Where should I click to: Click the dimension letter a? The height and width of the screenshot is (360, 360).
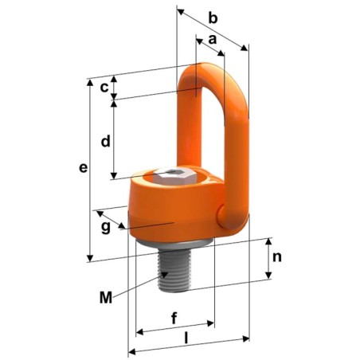pyautogui.click(x=213, y=39)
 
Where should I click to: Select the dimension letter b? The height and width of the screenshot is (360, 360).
pyautogui.click(x=211, y=17)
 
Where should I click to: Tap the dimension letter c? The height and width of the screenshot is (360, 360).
pyautogui.click(x=104, y=88)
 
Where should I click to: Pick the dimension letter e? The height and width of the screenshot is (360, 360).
pyautogui.click(x=82, y=168)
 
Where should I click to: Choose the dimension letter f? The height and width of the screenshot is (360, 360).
pyautogui.click(x=174, y=317)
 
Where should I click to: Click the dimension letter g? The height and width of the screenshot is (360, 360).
pyautogui.click(x=106, y=228)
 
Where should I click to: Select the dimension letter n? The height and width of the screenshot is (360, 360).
pyautogui.click(x=276, y=257)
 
